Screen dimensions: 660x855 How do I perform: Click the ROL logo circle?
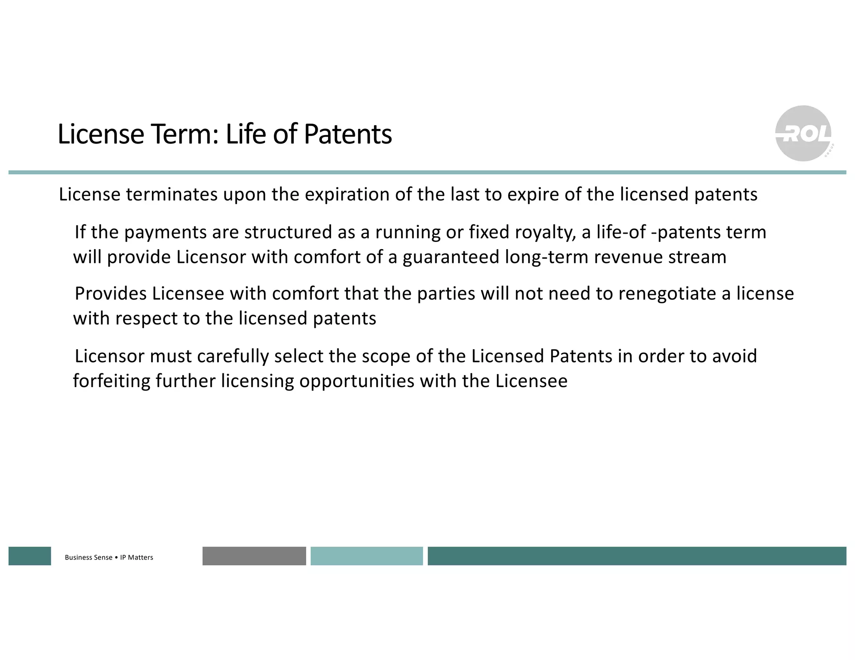coord(803,134)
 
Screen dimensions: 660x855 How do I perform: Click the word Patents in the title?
coord(348,134)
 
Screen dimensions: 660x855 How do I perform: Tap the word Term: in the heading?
coord(185,134)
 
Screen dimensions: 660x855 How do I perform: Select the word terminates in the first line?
coord(172,194)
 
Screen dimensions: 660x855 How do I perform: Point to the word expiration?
coord(347,194)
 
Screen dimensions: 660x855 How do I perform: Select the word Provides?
coord(111,294)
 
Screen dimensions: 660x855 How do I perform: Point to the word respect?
coord(146,319)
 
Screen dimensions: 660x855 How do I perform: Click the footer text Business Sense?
coord(89,557)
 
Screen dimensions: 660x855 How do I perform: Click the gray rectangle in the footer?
coord(254,556)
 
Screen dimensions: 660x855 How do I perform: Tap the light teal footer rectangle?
coord(367,556)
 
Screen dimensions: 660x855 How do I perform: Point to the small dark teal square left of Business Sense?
coord(30,556)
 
